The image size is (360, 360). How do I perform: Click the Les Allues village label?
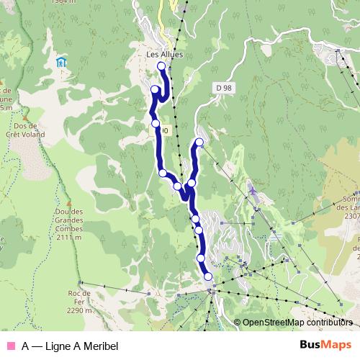click(x=164, y=54)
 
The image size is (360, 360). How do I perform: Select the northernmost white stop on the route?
click(x=161, y=66)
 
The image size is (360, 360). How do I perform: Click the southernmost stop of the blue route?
click(x=208, y=276)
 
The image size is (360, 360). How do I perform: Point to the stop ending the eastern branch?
click(x=199, y=142)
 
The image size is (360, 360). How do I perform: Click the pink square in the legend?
click(x=10, y=346)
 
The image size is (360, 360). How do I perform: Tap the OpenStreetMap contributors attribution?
click(x=297, y=323)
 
